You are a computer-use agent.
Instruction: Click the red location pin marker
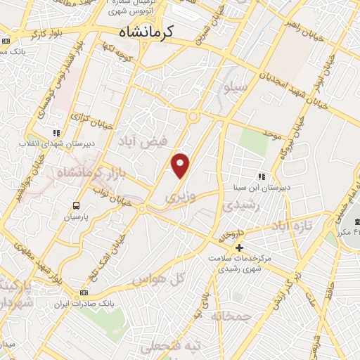click(x=181, y=165)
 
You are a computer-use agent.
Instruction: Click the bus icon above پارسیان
click(x=75, y=205)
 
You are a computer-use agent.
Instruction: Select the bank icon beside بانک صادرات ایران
click(x=85, y=292)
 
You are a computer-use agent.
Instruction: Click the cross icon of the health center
click(x=239, y=247)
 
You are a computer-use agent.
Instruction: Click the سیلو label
click(x=234, y=87)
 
